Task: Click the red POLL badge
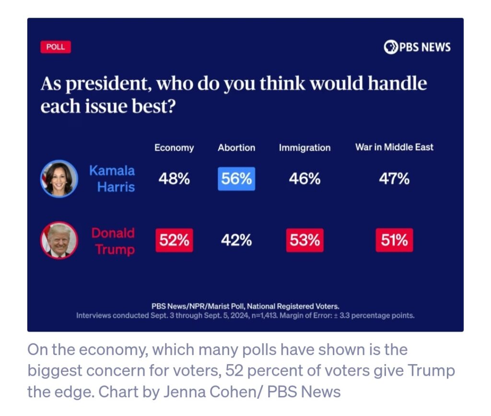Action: pyautogui.click(x=56, y=47)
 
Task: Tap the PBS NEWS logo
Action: pyautogui.click(x=417, y=47)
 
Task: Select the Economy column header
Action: pyautogui.click(x=174, y=148)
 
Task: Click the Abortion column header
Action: pyautogui.click(x=236, y=148)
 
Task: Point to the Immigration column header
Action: pyautogui.click(x=304, y=148)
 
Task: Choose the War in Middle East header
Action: pyautogui.click(x=394, y=147)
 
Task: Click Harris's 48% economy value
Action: pyautogui.click(x=174, y=179)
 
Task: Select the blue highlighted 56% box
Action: pyautogui.click(x=236, y=179)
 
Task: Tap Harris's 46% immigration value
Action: pyautogui.click(x=304, y=179)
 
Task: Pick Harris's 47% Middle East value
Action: pyautogui.click(x=394, y=179)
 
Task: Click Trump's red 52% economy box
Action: pyautogui.click(x=174, y=240)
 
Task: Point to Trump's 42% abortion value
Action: pyautogui.click(x=236, y=240)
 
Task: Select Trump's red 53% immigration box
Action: pyautogui.click(x=304, y=240)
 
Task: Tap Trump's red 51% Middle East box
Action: pyautogui.click(x=394, y=240)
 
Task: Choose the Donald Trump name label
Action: pyautogui.click(x=113, y=241)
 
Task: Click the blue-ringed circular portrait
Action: pyautogui.click(x=58, y=178)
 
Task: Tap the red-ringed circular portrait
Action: pyautogui.click(x=58, y=240)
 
